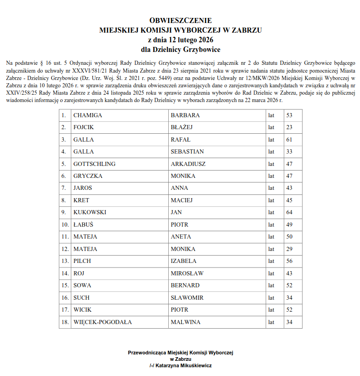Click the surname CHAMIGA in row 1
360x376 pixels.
(88, 115)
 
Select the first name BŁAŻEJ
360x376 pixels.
(182, 127)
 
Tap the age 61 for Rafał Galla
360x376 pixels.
(289, 139)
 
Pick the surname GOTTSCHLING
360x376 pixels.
(94, 164)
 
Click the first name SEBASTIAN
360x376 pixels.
(187, 152)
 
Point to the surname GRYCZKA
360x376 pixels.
(88, 176)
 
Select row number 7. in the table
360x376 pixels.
(64, 188)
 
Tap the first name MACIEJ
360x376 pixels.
(182, 200)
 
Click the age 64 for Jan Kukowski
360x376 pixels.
(289, 212)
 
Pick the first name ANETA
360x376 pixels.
(181, 237)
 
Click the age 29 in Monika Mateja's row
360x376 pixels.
(289, 249)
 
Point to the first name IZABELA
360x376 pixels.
(183, 261)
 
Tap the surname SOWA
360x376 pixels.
(82, 285)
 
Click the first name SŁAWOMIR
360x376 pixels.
(187, 298)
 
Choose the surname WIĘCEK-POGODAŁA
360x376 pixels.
(103, 322)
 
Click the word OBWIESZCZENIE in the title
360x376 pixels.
(181, 21)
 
